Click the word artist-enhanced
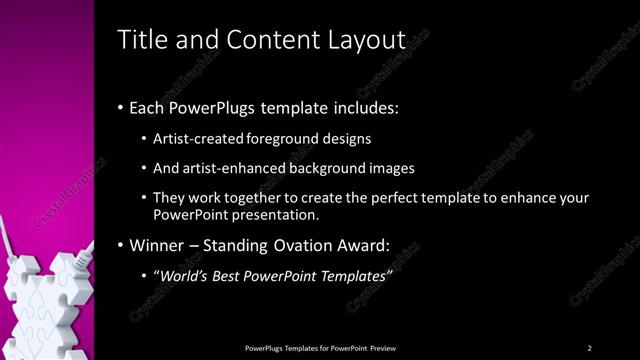(227, 168)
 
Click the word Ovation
(303, 245)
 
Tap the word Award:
(361, 245)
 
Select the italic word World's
(184, 275)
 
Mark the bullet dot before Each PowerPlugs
(121, 108)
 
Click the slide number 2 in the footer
(589, 347)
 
